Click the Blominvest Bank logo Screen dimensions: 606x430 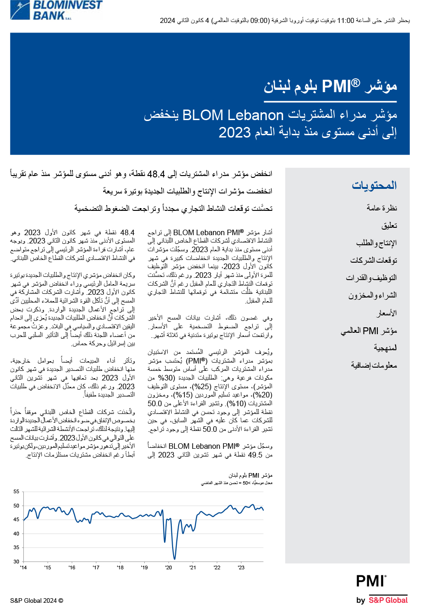56,10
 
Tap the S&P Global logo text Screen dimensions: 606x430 388,600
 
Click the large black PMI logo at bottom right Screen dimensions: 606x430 371,581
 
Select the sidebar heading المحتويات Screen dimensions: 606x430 374,185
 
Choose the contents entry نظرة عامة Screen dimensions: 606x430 382,208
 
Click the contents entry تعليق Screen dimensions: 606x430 389,226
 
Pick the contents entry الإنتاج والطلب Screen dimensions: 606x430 376,243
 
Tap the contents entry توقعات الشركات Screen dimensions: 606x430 374,260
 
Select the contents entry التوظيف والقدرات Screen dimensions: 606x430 371,278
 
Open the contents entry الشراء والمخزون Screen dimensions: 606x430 372,295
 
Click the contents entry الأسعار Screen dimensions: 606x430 386,313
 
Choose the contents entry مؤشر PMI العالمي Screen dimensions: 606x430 369,331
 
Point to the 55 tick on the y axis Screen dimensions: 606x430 16,492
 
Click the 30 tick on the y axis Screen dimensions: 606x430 16,562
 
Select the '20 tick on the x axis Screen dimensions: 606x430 169,567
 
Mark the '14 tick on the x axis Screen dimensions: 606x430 23,567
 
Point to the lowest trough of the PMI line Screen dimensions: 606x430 174,559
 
